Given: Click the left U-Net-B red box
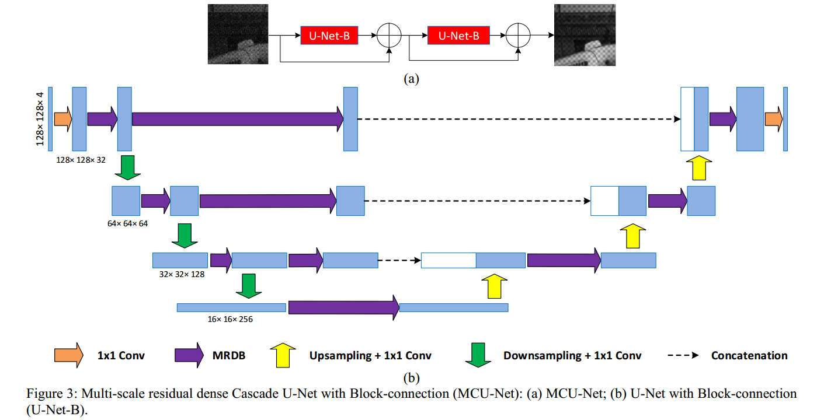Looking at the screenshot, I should tap(329, 36).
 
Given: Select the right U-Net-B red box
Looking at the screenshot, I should tap(458, 36).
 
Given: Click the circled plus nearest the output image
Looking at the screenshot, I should tap(517, 36).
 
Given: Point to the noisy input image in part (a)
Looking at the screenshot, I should tap(238, 34).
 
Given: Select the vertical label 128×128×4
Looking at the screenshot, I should tap(40, 118).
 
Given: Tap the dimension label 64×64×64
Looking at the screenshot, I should tap(127, 224).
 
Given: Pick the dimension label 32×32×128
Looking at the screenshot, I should tap(182, 274).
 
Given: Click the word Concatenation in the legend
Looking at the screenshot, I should tap(749, 355).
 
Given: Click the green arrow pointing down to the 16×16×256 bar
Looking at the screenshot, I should tap(249, 285).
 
